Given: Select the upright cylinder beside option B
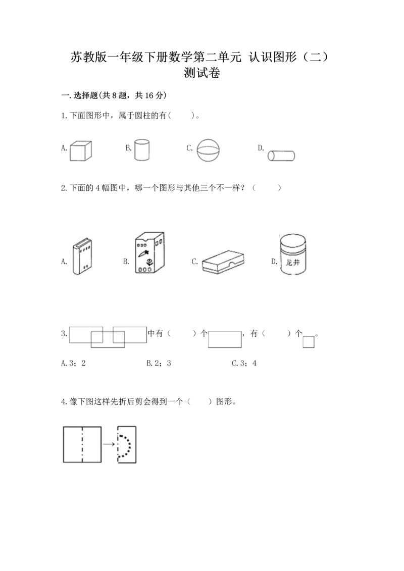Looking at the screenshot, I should pos(142,150).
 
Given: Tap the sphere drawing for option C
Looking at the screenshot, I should pos(209,150).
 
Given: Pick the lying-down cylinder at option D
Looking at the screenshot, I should pos(281,155).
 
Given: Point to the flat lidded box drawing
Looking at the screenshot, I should pos(223,262).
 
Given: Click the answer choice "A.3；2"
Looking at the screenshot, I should pos(74,363).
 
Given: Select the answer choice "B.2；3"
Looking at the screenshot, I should pos(159,363).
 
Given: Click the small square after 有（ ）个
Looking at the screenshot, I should pos(309,342).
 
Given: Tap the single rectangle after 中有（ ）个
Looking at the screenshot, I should pos(225,339).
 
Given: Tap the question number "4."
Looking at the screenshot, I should pos(64,402).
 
